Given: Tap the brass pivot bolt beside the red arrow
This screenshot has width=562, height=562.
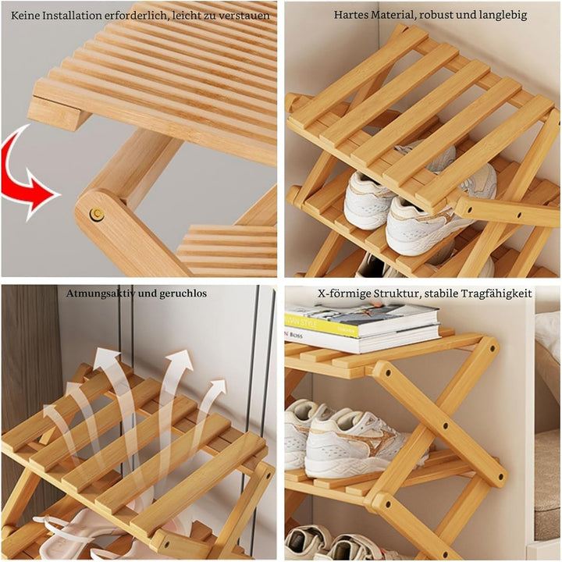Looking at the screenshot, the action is click(97, 215).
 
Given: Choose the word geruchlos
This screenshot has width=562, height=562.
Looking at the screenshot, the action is click(183, 293).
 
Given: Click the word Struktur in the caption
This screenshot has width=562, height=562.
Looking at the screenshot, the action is click(397, 293).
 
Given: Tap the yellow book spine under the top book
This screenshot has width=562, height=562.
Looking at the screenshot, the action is click(322, 325).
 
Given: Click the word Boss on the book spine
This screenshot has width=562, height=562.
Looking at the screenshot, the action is click(297, 336).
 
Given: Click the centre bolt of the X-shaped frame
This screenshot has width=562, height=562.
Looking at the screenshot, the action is click(445, 426).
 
